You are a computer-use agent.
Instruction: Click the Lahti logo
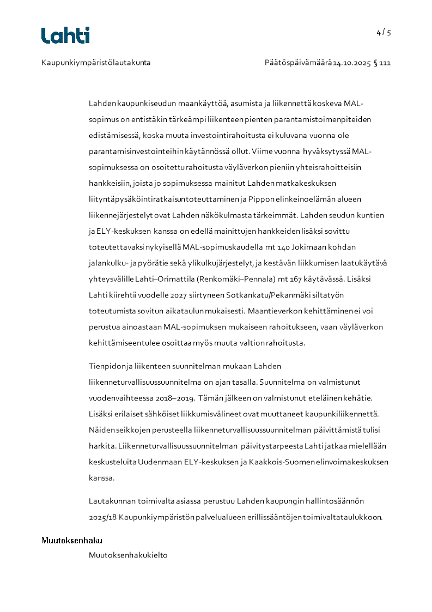tap(65, 35)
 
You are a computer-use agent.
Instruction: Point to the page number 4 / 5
tap(384, 32)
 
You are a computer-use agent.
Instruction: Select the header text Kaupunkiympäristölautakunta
tap(96, 63)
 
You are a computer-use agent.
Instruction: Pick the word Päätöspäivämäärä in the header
tap(299, 63)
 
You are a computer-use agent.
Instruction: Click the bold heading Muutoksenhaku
tap(72, 541)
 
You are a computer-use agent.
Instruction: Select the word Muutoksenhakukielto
tap(128, 555)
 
